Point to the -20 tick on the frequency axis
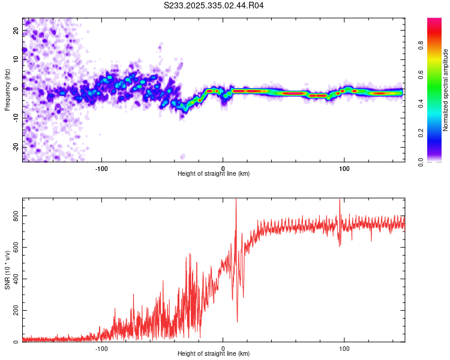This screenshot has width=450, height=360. coord(16,147)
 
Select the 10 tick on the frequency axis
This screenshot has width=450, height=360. coord(16,59)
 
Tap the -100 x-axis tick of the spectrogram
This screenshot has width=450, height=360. coord(101,167)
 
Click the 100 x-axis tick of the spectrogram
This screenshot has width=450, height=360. coord(344,167)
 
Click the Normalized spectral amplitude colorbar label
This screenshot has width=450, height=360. coord(446,90)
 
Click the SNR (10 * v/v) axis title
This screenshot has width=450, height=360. coord(7,270)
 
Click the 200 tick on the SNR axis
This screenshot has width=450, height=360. coord(16,310)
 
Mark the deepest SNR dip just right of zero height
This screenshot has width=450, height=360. coord(237,322)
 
